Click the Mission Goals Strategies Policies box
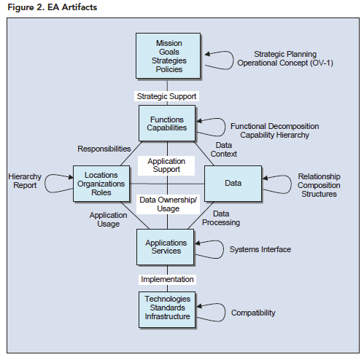coord(168,56)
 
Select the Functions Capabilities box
coord(167,123)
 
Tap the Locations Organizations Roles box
coord(101,184)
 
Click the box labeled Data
coord(233,184)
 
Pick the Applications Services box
coord(166,247)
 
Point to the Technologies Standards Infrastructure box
coord(167,310)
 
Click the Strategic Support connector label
coord(166,96)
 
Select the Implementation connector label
coord(167,279)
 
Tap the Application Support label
coord(166,165)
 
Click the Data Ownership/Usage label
coord(168,204)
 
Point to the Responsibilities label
coord(104,149)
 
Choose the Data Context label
coord(224,149)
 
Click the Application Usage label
coord(108,219)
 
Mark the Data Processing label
coord(221,218)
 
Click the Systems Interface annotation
coord(260,249)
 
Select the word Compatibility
coord(253,313)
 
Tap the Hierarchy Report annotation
coord(25,181)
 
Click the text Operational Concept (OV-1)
coord(285,63)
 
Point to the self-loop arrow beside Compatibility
coord(225,312)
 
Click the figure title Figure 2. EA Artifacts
coord(53,7)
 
